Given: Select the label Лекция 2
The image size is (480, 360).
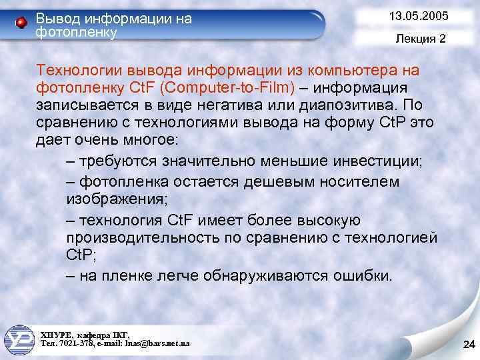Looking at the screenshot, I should point(420,39).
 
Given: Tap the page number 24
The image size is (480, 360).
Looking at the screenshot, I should point(467,344).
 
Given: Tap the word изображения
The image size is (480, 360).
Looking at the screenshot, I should point(109,199).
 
